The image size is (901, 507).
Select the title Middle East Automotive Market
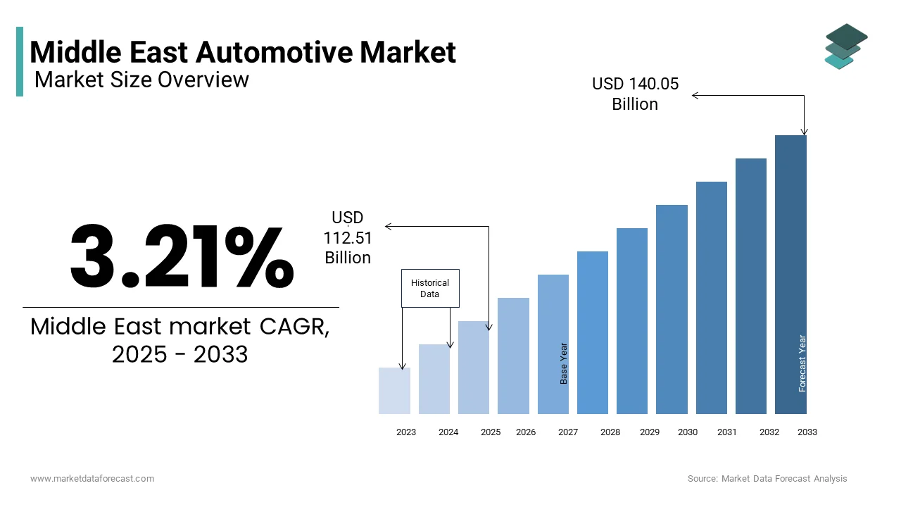pos(243,52)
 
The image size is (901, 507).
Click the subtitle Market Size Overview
pos(141,80)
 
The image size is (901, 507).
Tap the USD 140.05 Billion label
pos(635,94)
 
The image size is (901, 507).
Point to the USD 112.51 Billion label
pos(348,238)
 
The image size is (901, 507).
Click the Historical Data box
pos(430,288)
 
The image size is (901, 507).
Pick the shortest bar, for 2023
pos(394,391)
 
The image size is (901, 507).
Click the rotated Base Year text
pos(564,363)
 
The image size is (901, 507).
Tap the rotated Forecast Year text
pos(802,363)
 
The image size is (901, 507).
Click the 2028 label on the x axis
pos(610,432)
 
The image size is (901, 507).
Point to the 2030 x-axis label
pos(688,432)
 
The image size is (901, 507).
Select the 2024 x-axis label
pos(448,432)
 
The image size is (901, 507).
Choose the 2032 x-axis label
pos(769,432)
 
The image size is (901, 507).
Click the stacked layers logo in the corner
pos(846,46)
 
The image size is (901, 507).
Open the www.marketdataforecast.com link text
pos(92,478)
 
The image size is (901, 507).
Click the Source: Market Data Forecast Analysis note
pos(767,478)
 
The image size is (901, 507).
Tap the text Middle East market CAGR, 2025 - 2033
pos(180,340)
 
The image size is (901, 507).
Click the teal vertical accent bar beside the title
pos(20,61)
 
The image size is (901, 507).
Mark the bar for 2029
pos(632,320)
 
